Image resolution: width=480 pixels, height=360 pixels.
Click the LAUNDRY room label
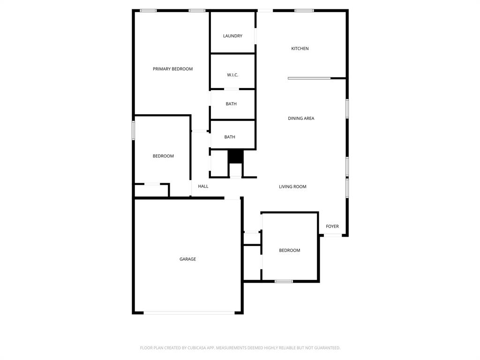[232, 36]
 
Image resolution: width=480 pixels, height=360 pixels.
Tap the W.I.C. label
[232, 75]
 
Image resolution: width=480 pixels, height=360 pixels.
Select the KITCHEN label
[300, 49]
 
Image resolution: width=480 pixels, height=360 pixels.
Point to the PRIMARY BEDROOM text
[172, 69]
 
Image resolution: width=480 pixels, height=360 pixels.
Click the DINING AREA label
[301, 119]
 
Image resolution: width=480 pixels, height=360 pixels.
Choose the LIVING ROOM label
[292, 187]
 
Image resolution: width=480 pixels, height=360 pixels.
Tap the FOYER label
[332, 226]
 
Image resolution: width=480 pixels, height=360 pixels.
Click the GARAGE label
[187, 259]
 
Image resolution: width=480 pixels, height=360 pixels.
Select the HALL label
[203, 186]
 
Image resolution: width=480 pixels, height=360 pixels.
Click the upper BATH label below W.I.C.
[231, 104]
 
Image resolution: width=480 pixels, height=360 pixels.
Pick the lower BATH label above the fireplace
[230, 137]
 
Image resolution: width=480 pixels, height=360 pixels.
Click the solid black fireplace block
[235, 156]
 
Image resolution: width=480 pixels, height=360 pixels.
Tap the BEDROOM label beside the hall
[163, 156]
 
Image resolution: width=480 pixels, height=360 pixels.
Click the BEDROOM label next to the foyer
[289, 250]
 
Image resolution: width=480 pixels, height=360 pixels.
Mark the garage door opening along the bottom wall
[189, 313]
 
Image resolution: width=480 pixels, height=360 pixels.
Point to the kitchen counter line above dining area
[309, 78]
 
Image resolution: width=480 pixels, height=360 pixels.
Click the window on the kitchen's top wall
[304, 10]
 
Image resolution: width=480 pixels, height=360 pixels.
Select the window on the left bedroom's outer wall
[134, 130]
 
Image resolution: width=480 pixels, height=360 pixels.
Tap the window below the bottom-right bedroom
[284, 281]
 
